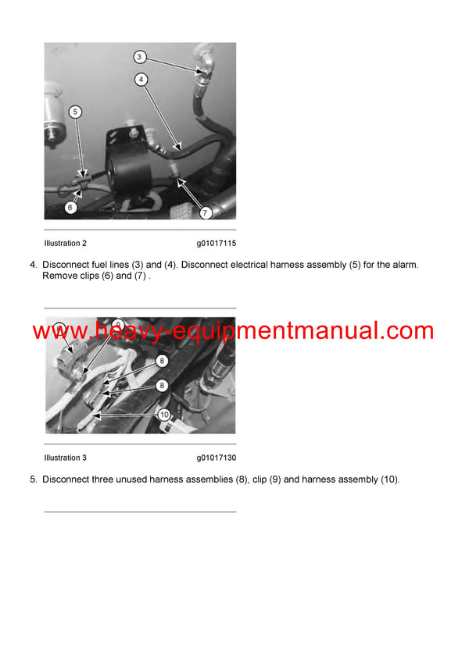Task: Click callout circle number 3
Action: tap(139, 56)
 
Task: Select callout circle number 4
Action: tap(141, 79)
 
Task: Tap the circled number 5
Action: tap(74, 112)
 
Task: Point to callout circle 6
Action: tap(70, 207)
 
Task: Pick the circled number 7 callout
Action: tap(206, 212)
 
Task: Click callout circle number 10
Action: tap(165, 415)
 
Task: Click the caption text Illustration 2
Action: tap(65, 244)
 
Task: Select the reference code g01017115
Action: tap(216, 244)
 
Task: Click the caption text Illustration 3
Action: tap(65, 458)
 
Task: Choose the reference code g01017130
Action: tap(216, 458)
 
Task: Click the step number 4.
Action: tap(33, 265)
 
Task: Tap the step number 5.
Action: tap(33, 479)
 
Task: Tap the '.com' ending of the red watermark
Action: tap(406, 331)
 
